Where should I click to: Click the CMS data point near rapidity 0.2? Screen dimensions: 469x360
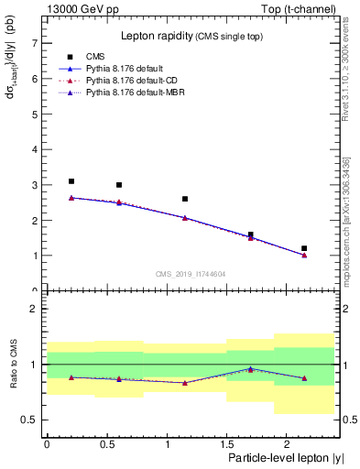pos(71,181)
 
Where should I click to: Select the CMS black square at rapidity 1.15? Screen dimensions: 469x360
pos(185,199)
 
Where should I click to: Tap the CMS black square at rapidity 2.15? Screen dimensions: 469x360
pos(304,248)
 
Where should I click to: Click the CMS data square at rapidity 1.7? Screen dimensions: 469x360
pos(250,234)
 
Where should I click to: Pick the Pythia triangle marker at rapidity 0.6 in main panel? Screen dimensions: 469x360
pos(119,202)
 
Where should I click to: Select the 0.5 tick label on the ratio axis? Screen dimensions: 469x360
pos(28,420)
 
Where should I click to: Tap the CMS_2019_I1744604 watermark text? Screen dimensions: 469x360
pos(191,275)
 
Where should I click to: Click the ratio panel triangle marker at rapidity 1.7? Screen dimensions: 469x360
pos(250,369)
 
